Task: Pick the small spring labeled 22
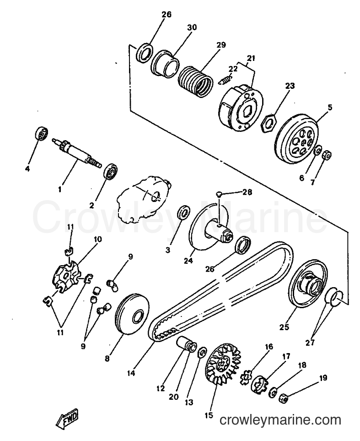pos(225,79)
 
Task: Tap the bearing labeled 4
pos(42,133)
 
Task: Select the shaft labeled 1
pos(77,153)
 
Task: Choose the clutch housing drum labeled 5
pos(296,138)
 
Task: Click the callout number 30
pos(192,27)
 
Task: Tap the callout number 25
pos(284,327)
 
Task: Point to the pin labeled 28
pos(220,194)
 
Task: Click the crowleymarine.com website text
pos(280,420)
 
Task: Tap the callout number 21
pos(251,58)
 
